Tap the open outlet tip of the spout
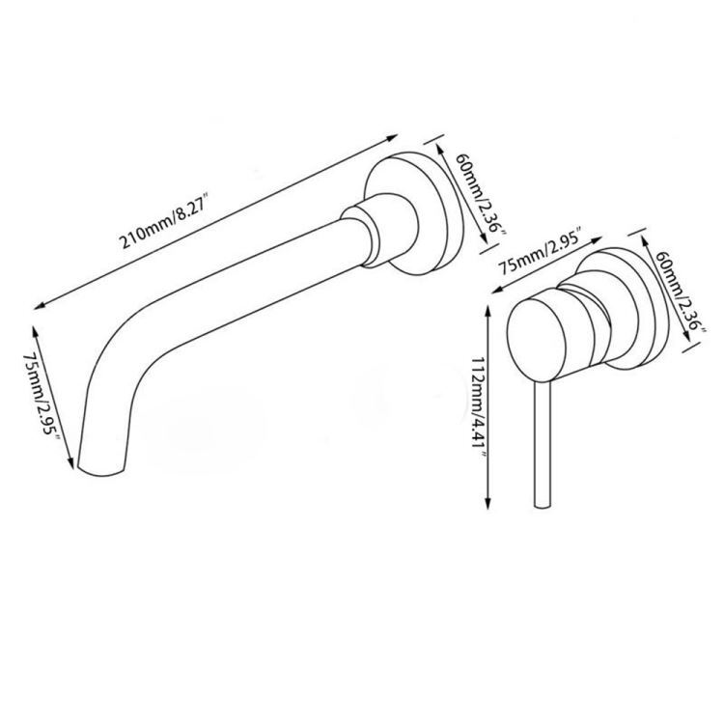tap(101, 472)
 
